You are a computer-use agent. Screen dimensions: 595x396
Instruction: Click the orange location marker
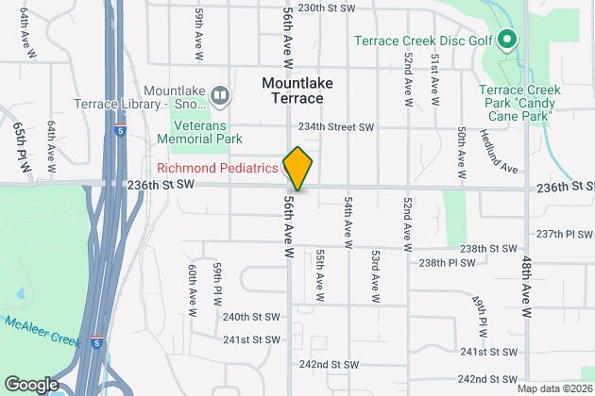297,169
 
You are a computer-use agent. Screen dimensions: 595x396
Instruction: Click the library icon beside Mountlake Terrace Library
220,94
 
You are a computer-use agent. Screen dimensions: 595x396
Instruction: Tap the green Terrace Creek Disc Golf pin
506,40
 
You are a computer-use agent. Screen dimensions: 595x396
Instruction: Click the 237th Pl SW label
563,233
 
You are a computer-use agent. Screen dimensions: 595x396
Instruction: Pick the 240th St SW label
252,317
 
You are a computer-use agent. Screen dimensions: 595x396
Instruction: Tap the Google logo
30,384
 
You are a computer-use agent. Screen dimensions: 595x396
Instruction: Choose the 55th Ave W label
319,275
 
